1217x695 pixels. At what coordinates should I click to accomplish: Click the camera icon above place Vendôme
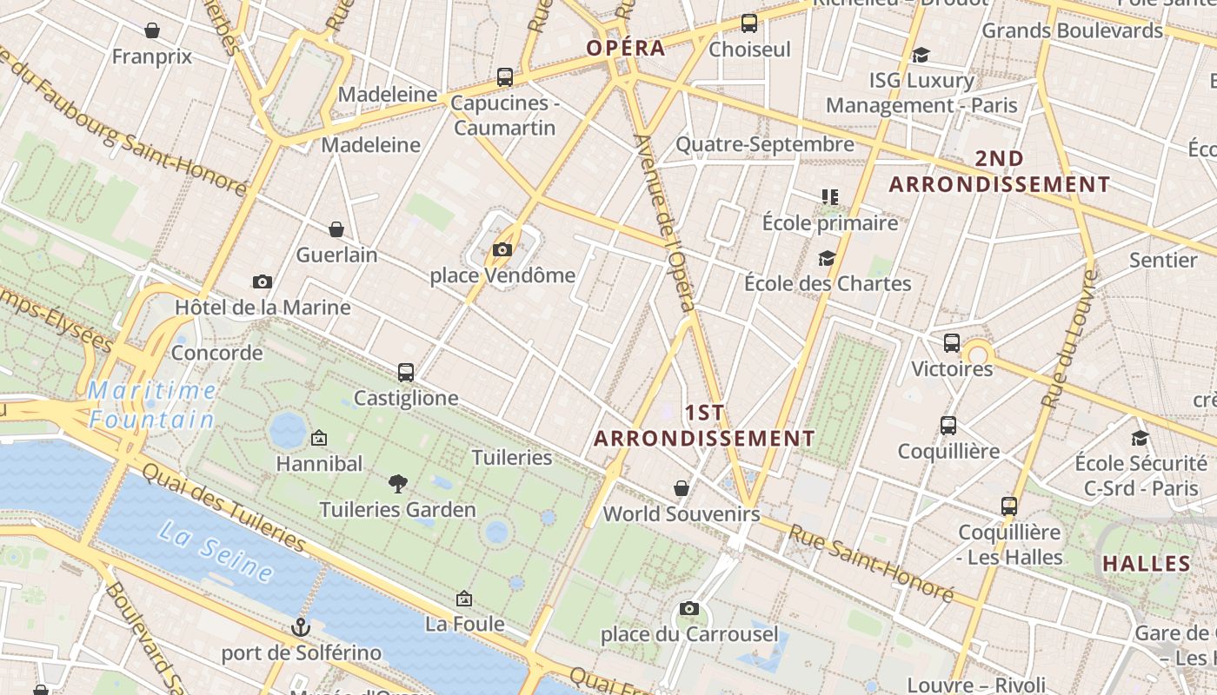tap(502, 250)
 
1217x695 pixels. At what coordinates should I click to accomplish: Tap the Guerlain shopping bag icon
tap(336, 229)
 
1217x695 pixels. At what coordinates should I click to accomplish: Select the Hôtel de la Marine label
tap(263, 308)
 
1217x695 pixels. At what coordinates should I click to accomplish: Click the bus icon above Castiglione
tap(406, 373)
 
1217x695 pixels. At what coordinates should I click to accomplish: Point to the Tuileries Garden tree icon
tap(398, 484)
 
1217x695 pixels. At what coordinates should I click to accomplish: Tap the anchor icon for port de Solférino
tap(301, 627)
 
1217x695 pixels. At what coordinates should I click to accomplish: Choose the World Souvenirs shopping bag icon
tap(682, 488)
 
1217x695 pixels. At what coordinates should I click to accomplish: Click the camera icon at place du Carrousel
tap(689, 608)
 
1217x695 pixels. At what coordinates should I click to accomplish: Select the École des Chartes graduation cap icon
tap(827, 258)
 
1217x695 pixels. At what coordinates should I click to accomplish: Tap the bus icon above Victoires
tap(952, 343)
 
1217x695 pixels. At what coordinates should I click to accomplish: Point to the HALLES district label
tap(1147, 563)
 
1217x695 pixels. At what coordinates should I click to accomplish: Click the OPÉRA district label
tap(626, 48)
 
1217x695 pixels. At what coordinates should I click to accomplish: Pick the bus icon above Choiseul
tap(749, 23)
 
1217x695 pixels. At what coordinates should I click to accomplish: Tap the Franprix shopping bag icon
tap(152, 31)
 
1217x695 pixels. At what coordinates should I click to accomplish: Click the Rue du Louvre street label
tap(1068, 340)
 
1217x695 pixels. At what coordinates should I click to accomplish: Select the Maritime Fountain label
tap(153, 406)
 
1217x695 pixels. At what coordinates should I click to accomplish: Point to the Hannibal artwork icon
tap(319, 438)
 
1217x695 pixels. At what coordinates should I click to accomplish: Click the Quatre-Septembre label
tap(765, 144)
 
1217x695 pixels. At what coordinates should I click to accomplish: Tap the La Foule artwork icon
tap(464, 599)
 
